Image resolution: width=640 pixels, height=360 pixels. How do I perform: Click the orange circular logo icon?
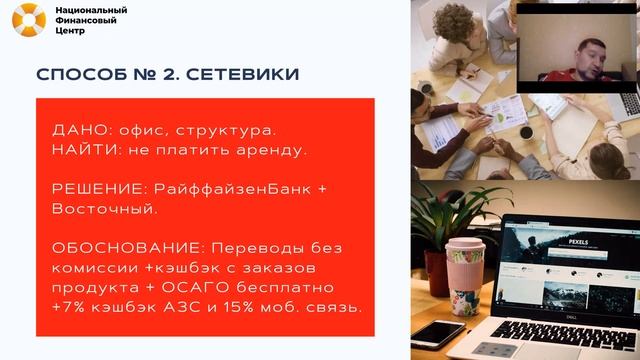click(29, 20)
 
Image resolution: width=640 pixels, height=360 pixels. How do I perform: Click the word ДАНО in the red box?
click(75, 132)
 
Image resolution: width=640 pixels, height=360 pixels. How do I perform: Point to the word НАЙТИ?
click(81, 150)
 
